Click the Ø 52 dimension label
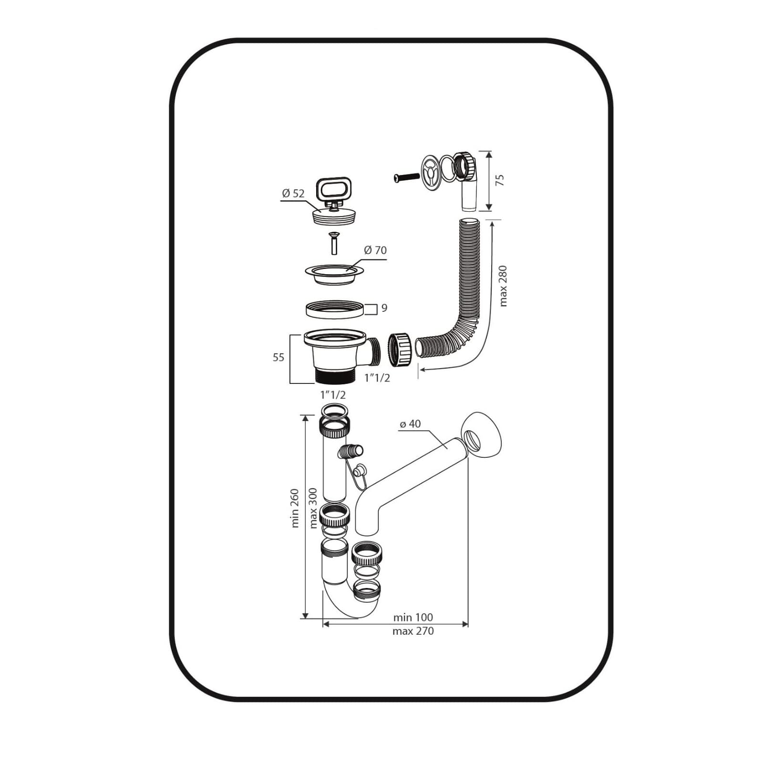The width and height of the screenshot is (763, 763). click(x=293, y=193)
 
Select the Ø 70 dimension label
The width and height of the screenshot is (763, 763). click(x=375, y=250)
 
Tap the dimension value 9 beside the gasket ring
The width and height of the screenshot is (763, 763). click(x=384, y=308)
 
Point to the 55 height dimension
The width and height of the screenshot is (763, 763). click(x=278, y=357)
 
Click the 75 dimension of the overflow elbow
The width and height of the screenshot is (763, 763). click(x=500, y=180)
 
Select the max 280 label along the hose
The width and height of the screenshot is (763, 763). click(x=503, y=286)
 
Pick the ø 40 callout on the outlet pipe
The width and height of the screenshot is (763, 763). click(x=410, y=423)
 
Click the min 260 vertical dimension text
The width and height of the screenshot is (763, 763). click(x=295, y=508)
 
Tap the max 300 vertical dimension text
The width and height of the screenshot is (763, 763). click(x=313, y=508)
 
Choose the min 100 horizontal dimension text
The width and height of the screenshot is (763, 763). click(x=413, y=617)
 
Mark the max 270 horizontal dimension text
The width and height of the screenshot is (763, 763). click(x=413, y=631)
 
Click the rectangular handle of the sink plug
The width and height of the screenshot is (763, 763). click(x=333, y=189)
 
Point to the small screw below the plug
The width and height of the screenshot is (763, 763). click(x=334, y=243)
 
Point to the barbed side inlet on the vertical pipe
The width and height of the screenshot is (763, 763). click(x=351, y=451)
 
